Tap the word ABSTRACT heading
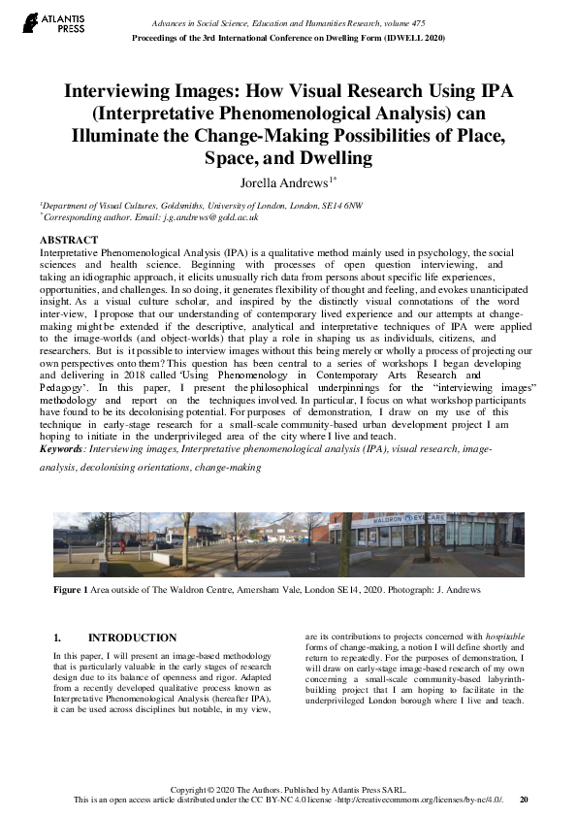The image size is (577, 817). click(x=69, y=240)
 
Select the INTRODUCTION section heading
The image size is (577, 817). click(x=132, y=637)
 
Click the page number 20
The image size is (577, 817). click(x=524, y=800)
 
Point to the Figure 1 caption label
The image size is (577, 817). click(x=71, y=590)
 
